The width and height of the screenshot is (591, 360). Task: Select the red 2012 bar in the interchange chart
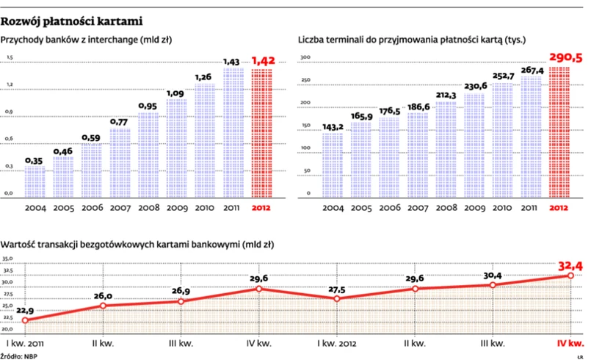pyautogui.click(x=263, y=132)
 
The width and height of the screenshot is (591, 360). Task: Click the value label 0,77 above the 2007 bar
pyautogui.click(x=120, y=122)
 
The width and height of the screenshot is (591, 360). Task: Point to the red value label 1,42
pyautogui.click(x=264, y=61)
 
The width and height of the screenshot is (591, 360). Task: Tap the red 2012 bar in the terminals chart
pyautogui.click(x=559, y=132)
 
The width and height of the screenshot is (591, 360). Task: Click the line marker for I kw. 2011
pyautogui.click(x=25, y=320)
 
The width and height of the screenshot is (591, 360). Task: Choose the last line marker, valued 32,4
pyautogui.click(x=570, y=276)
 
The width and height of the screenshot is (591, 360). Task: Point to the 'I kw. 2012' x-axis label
pyautogui.click(x=336, y=343)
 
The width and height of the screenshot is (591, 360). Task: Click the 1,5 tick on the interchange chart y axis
pyautogui.click(x=10, y=57)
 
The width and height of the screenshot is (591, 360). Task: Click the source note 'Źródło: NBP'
pyautogui.click(x=20, y=356)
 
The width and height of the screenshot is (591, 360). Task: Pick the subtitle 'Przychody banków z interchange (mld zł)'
pyautogui.click(x=87, y=39)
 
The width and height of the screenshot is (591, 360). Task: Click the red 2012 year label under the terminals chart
pyautogui.click(x=559, y=208)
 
